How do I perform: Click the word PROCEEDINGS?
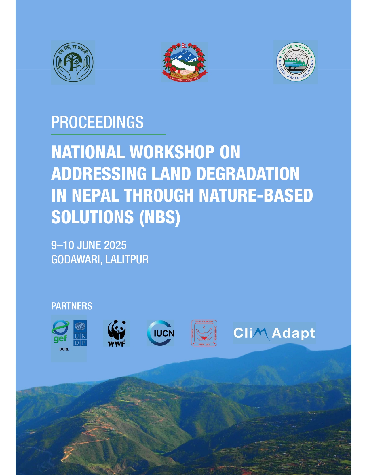pos(97,122)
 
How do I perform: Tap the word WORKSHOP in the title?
pos(172,152)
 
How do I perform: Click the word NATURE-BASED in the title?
pos(256,195)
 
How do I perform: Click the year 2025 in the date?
pos(115,245)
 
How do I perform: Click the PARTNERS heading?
pos(72,306)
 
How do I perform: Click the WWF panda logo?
pos(117,333)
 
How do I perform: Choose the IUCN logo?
pos(161,333)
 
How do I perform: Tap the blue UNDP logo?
pos(80,333)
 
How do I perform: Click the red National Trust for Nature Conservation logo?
pos(204,333)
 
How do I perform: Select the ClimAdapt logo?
pos(274,333)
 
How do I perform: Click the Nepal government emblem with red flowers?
pos(185,62)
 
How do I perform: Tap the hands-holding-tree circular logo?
pos(73,62)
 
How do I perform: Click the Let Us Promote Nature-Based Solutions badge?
pos(296,62)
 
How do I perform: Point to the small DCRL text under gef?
pos(64,349)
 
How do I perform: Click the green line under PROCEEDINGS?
pos(108,134)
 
